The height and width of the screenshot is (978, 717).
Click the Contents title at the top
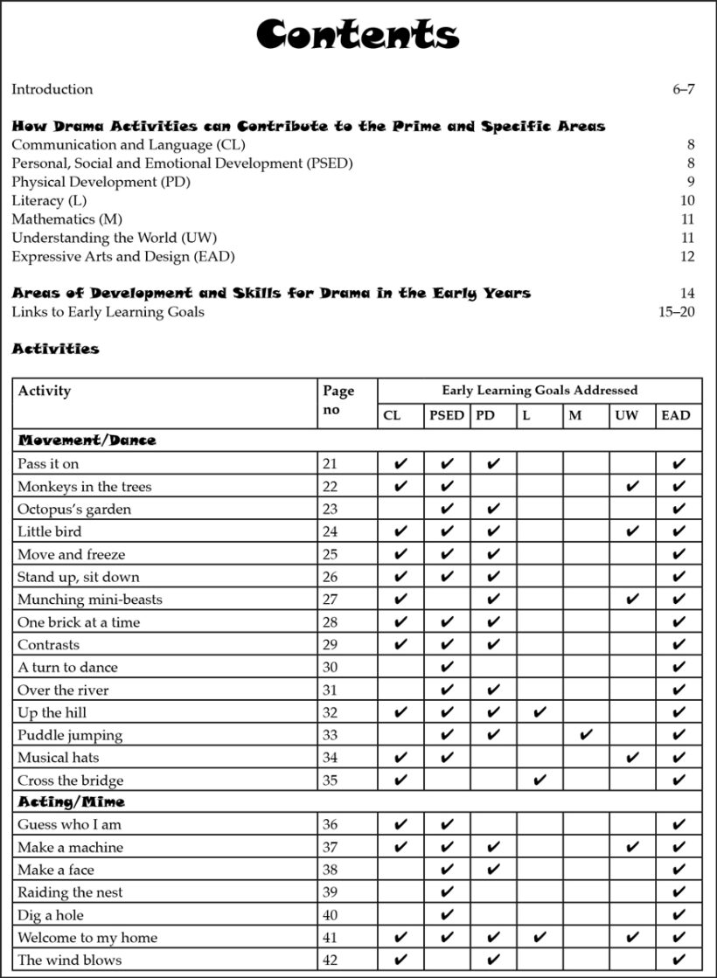point(358,35)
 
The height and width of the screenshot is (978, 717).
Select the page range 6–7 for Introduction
point(683,89)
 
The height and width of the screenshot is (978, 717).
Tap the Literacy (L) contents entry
point(49,201)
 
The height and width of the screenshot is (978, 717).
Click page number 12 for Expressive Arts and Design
point(686,257)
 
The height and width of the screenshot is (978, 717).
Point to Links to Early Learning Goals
point(108,312)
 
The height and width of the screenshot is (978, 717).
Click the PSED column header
point(447,416)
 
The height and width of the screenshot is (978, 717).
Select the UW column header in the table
point(626,416)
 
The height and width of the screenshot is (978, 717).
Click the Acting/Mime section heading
point(71,801)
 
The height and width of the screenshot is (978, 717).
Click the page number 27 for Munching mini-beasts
point(330,600)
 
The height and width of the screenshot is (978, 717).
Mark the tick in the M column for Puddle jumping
point(586,735)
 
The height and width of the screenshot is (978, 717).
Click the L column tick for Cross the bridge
point(539,780)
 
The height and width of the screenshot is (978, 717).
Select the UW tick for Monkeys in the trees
point(633,487)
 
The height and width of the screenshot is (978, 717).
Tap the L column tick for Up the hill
point(539,712)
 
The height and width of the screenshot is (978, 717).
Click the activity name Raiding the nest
point(70,892)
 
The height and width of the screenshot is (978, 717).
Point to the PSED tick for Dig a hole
point(447,915)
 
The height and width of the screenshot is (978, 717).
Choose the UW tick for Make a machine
point(633,847)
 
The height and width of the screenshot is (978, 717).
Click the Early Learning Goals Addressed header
point(539,391)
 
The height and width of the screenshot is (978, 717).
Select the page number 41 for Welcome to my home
point(330,938)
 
